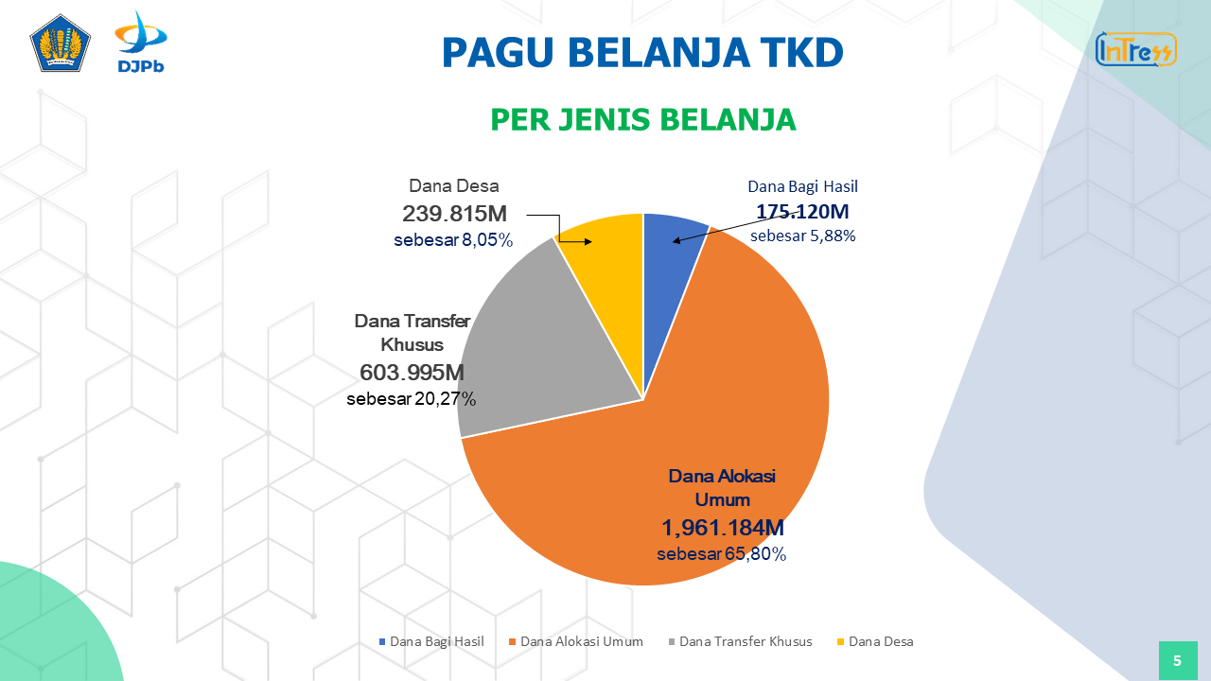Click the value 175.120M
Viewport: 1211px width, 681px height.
802,211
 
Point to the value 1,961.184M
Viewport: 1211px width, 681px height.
723,528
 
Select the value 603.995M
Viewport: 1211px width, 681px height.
412,372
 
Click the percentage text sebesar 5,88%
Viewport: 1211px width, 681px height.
802,236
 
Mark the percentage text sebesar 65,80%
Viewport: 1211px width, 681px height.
722,554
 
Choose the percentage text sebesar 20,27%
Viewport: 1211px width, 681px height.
412,399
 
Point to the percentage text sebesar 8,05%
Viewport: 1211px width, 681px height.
453,240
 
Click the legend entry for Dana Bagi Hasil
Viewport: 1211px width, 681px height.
431,641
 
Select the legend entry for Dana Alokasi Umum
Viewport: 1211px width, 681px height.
576,641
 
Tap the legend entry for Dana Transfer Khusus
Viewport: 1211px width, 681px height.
740,641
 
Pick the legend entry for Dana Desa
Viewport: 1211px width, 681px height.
875,641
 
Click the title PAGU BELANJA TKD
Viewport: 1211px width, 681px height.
642,53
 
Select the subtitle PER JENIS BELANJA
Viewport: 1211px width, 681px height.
642,120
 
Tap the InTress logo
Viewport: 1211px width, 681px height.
1135,49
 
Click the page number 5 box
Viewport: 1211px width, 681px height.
1177,660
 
